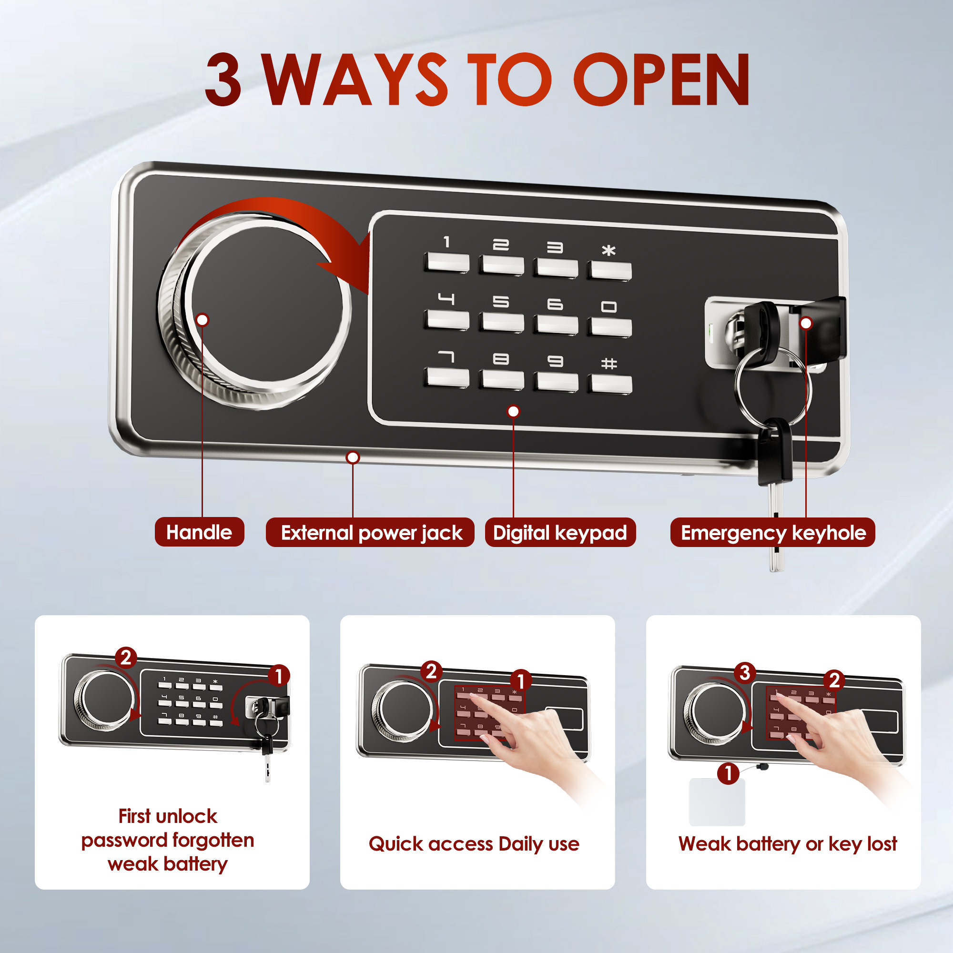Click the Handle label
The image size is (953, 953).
[199, 532]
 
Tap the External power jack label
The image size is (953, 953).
[370, 533]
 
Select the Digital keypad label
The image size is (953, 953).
[560, 533]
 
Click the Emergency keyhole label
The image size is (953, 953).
[772, 533]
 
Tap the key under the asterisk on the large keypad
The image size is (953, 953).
[609, 271]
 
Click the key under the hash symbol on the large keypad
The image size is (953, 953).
[610, 383]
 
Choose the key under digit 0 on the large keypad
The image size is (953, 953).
[610, 327]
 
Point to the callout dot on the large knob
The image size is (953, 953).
[202, 320]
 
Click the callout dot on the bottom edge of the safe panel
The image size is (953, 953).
[353, 457]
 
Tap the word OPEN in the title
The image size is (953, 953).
[661, 80]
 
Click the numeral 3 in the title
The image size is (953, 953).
[223, 80]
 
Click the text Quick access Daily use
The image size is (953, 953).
[474, 844]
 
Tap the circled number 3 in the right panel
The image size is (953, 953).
[745, 672]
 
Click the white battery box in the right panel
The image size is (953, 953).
[717, 802]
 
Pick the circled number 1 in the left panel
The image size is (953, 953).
[279, 676]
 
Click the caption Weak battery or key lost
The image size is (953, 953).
[787, 844]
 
